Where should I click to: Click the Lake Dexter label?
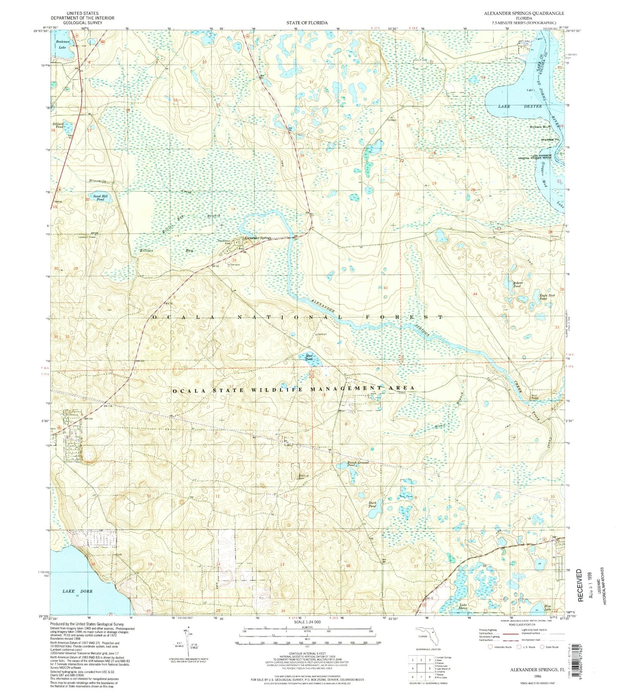coord(520,106)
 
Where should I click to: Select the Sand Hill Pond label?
coord(100,198)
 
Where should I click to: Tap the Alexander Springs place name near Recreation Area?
coord(258,238)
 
